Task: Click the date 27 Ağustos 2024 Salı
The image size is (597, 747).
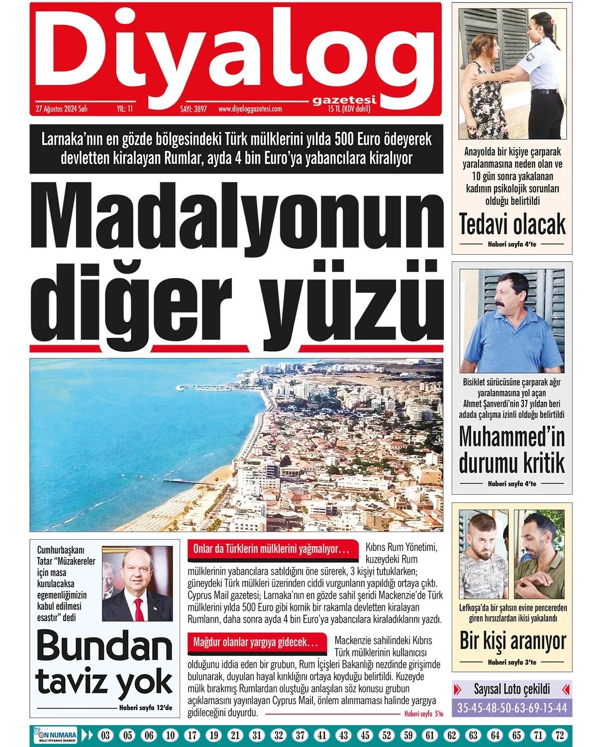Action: point(62,109)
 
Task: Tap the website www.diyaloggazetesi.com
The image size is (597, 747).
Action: point(250,109)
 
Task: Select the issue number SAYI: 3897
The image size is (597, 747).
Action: point(193,109)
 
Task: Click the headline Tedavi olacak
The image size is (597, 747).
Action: point(512,224)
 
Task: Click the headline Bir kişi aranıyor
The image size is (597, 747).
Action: point(512,641)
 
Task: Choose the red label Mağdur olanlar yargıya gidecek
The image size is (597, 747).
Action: point(256,643)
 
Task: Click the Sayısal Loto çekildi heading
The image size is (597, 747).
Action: point(512,689)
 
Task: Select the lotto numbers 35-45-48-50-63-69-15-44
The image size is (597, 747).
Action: point(512,708)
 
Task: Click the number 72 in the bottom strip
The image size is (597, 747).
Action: point(560,735)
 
